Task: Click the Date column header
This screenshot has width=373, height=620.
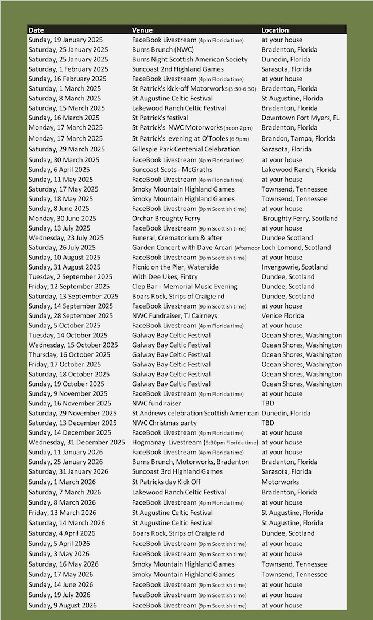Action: pyautogui.click(x=36, y=30)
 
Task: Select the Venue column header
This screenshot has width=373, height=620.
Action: pyautogui.click(x=142, y=30)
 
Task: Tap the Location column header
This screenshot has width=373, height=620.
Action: pyautogui.click(x=275, y=30)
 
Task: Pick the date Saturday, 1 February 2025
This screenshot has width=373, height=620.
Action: pyautogui.click(x=68, y=69)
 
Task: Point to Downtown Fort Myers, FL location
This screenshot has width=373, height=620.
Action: pyautogui.click(x=300, y=118)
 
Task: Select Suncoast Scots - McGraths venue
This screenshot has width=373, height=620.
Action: pyautogui.click(x=172, y=170)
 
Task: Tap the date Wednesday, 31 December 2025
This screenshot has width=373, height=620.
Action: pyautogui.click(x=76, y=443)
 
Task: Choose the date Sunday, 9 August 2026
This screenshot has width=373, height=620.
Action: pyautogui.click(x=63, y=606)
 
